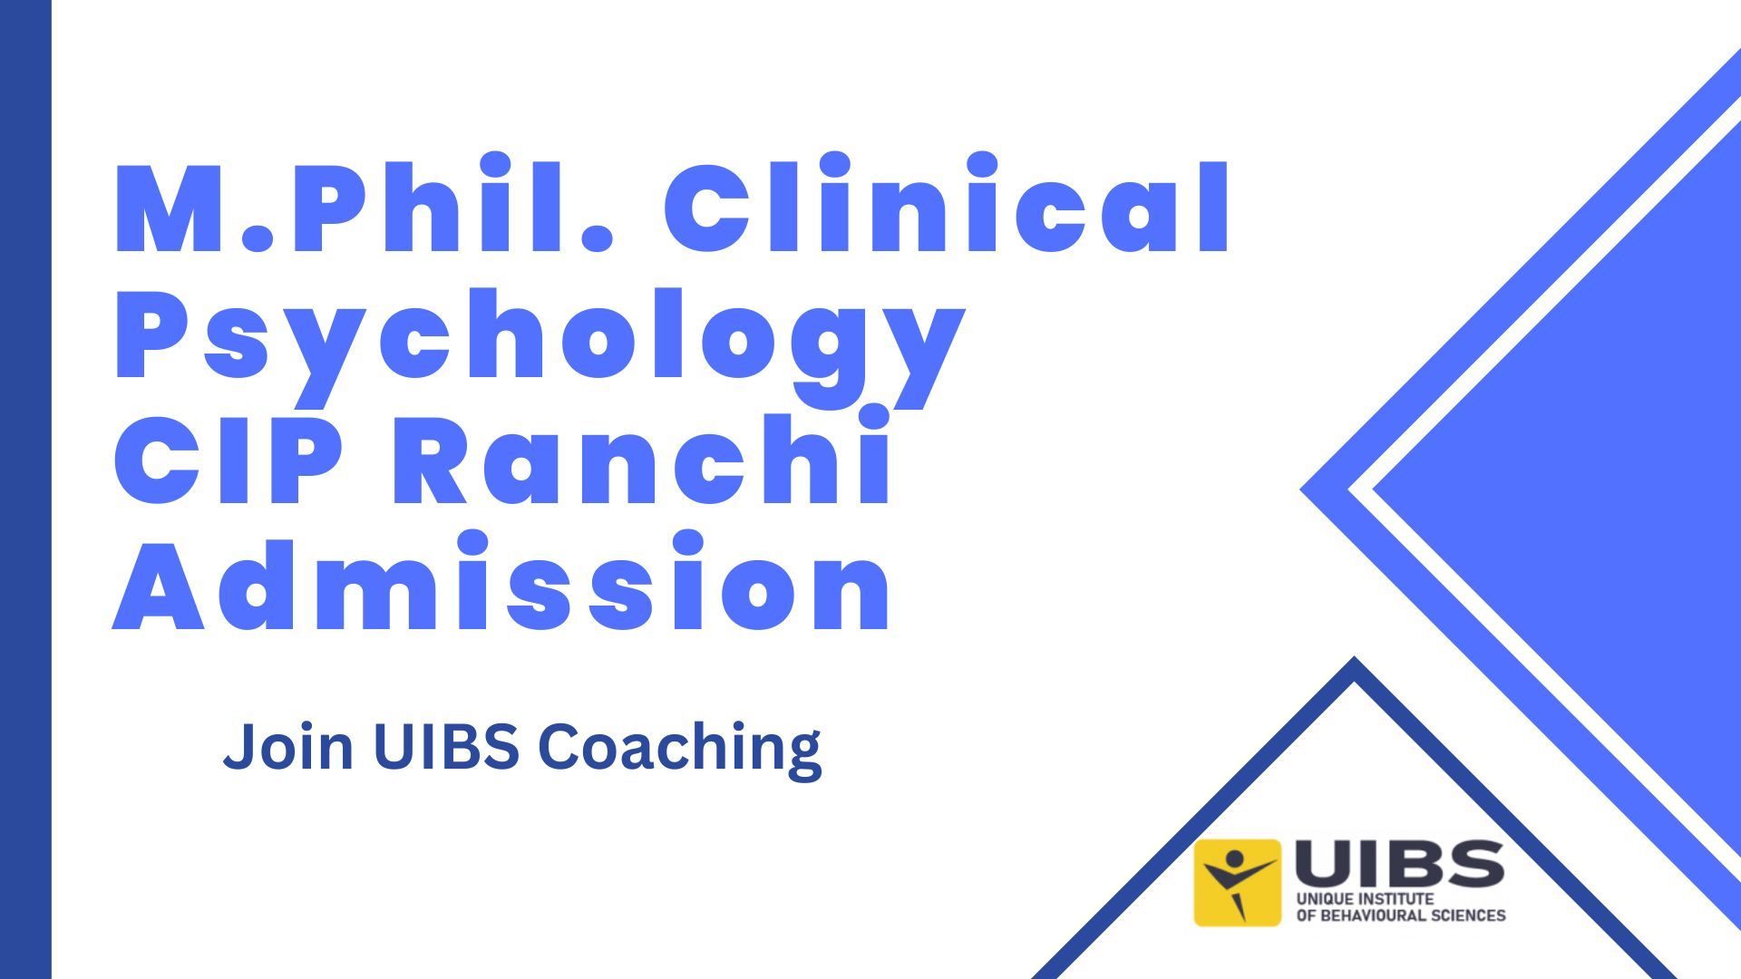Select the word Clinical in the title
pos(948,208)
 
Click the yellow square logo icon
pos(1237,882)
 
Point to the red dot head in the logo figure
pos(1234,858)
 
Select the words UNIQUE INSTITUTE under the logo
pos(1365,899)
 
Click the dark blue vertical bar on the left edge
pos(25,489)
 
